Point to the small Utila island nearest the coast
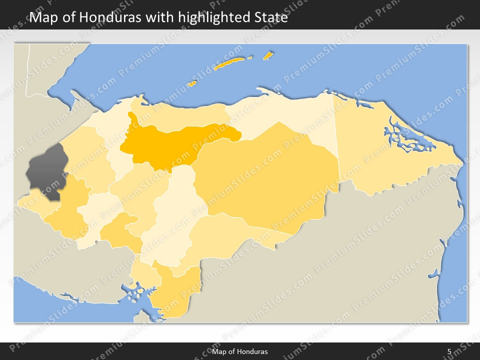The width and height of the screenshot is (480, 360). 192,83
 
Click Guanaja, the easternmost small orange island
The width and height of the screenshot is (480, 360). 268,55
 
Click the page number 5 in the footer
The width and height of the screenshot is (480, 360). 449,351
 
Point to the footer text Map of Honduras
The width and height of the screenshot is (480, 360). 240,351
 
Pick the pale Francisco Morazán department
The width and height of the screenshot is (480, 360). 175,215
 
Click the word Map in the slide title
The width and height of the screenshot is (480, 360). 42,18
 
